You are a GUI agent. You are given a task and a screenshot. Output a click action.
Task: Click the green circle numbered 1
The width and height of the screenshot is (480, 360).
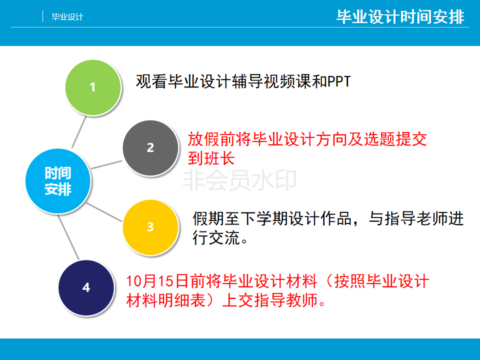click(93, 87)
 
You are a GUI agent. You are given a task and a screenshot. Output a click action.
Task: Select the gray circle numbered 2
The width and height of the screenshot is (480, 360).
click(150, 148)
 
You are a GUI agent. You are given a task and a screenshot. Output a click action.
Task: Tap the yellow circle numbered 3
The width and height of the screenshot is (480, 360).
click(150, 227)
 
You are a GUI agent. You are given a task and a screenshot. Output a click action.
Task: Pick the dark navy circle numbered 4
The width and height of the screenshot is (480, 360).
click(86, 287)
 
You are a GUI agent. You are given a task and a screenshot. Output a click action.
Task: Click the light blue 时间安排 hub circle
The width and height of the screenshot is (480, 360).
click(58, 181)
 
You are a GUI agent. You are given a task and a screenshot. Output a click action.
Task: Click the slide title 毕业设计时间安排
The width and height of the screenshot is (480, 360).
click(400, 16)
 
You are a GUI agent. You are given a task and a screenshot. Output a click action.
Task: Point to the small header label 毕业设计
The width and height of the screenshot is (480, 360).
click(67, 17)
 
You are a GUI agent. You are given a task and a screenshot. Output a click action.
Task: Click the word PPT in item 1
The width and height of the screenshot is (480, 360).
click(339, 81)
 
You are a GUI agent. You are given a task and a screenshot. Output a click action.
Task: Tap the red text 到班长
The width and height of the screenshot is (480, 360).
click(211, 158)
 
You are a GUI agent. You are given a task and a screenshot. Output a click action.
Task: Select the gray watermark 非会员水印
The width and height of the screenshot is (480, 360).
click(239, 180)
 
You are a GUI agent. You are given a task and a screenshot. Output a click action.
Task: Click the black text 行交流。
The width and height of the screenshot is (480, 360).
click(220, 237)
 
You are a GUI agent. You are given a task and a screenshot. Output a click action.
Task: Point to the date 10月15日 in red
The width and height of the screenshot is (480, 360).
click(157, 281)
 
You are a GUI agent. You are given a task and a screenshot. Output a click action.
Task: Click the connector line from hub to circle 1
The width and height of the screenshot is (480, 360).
click(79, 132)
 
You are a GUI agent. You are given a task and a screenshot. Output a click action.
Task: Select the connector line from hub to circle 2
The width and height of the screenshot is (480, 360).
click(106, 164)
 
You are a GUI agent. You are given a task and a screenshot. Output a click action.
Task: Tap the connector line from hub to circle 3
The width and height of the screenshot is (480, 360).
click(104, 212)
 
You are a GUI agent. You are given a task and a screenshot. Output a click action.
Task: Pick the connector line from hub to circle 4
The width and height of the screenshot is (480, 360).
click(68, 237)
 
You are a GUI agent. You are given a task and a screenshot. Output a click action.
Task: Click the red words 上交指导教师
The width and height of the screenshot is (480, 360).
click(269, 300)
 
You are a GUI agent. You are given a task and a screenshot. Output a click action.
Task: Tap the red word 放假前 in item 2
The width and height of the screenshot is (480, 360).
click(211, 139)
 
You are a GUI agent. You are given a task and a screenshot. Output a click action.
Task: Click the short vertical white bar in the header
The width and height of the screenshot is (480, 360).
click(42, 16)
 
